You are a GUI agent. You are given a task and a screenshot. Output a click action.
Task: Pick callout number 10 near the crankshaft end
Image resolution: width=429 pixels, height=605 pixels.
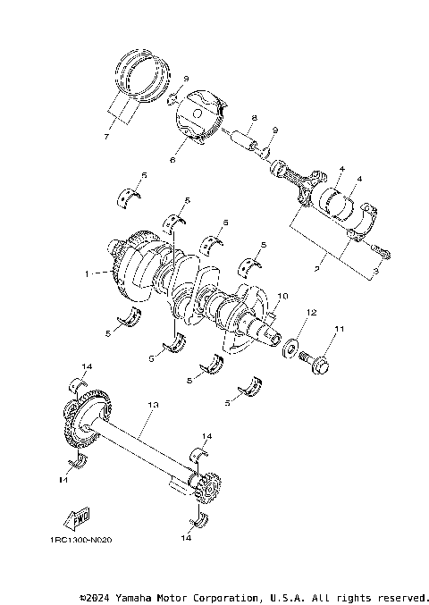283,296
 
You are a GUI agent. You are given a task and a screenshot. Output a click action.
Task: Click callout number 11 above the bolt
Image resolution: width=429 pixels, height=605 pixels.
339,330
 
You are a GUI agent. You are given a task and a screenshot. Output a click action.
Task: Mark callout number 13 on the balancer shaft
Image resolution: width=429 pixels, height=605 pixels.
153,405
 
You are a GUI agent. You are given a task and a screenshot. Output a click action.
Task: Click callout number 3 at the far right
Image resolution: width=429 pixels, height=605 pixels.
375,269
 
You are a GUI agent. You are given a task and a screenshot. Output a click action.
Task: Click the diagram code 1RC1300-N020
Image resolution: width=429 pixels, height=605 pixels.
81,540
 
